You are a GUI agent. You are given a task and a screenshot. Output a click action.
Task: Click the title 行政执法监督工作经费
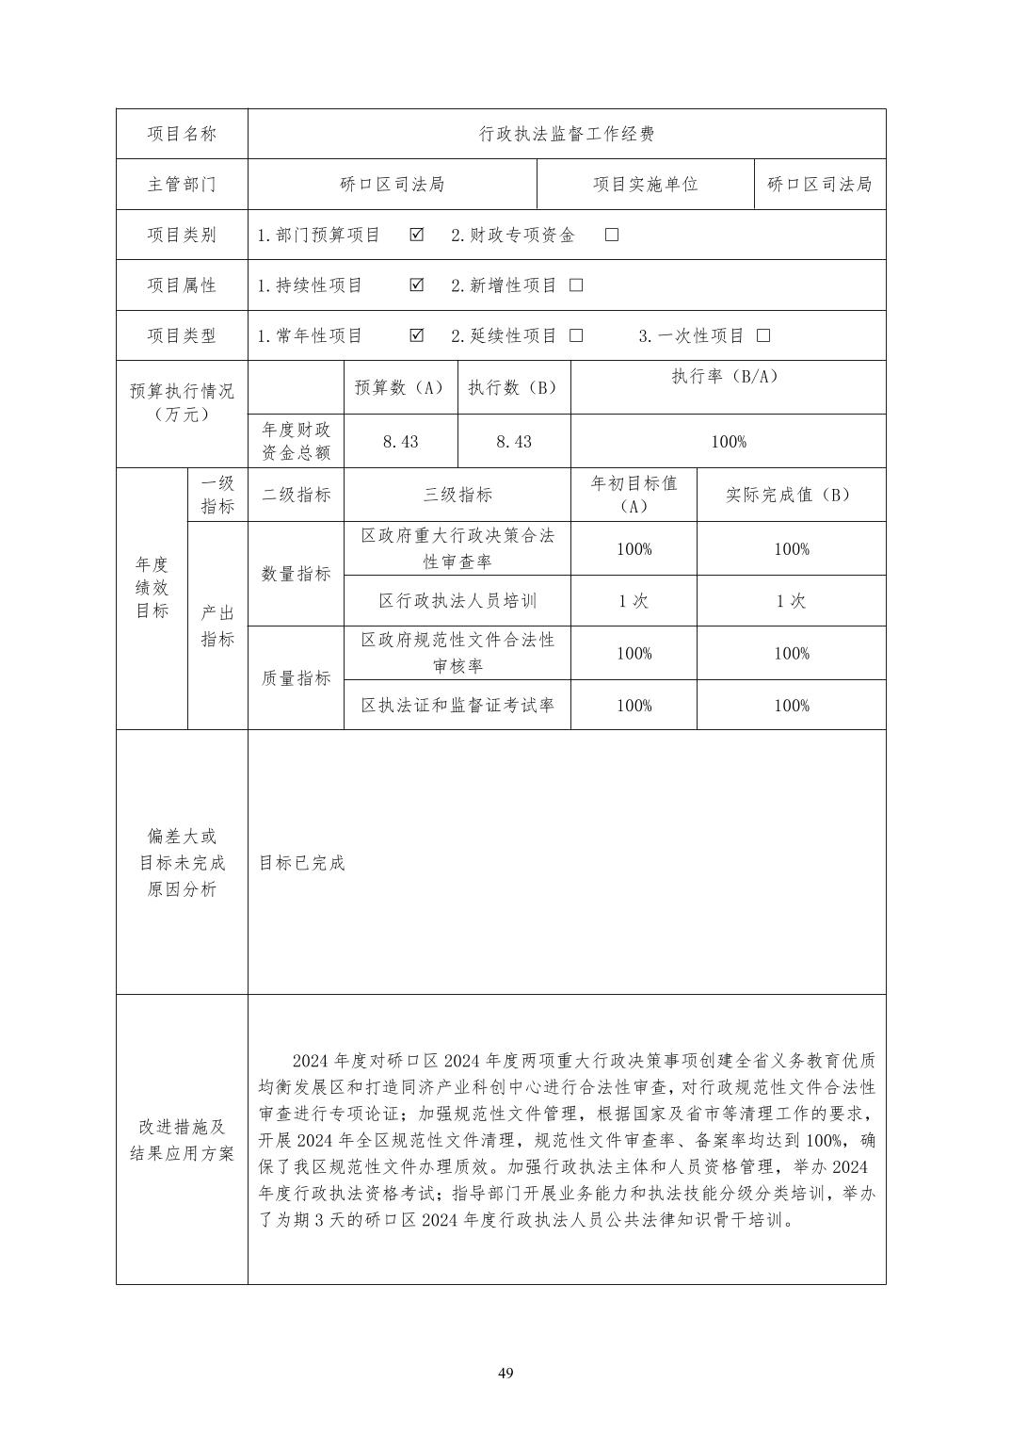tap(566, 134)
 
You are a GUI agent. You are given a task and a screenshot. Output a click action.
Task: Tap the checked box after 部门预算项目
tap(417, 235)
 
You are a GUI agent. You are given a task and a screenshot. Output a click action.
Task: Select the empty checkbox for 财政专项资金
tap(612, 235)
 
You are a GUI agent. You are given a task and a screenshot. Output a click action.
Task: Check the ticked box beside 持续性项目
tap(417, 285)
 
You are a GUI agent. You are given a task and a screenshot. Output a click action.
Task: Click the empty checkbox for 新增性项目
tap(576, 285)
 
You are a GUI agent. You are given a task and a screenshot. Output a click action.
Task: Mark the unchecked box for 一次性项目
tap(763, 335)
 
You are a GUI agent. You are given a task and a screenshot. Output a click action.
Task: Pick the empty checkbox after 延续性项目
tap(576, 335)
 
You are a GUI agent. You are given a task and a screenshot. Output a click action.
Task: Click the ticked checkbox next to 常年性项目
tap(417, 335)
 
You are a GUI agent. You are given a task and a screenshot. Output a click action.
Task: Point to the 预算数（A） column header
tap(399, 387)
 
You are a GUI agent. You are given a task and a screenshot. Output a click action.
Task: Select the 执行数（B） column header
tap(513, 387)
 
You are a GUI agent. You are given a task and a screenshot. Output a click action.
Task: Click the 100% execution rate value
tap(728, 442)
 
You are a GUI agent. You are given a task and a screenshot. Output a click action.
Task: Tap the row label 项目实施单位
tap(645, 185)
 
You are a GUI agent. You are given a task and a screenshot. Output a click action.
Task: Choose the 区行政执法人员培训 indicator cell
tap(457, 601)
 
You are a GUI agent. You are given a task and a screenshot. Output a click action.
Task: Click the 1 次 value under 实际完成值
tap(791, 601)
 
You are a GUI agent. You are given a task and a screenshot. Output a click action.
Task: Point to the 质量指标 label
tap(296, 678)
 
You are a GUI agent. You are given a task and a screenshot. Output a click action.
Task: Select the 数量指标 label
tap(296, 574)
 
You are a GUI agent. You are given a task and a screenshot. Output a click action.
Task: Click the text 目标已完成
tap(302, 863)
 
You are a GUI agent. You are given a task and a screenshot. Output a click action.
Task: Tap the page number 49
tap(505, 1373)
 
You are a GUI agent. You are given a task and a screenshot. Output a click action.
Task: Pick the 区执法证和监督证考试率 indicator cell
tap(457, 705)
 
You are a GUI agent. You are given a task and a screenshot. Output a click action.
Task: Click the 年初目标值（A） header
tap(634, 494)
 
